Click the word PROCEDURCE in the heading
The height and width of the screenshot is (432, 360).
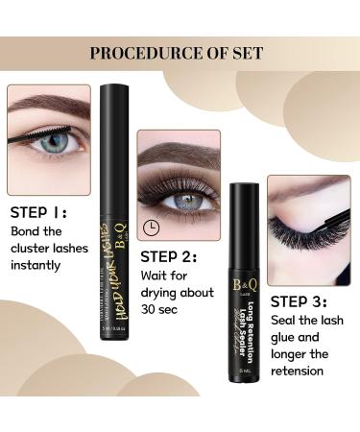point(144,53)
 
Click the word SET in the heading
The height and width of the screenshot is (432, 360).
point(249,53)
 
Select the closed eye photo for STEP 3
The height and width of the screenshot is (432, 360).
point(307,215)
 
